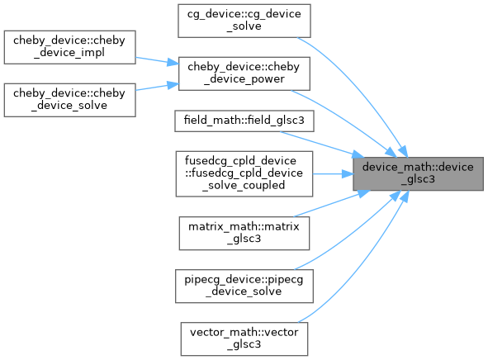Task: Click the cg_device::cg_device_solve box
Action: pyautogui.click(x=244, y=21)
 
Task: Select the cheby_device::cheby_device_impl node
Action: pyautogui.click(x=69, y=47)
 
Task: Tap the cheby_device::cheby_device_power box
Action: pyautogui.click(x=244, y=73)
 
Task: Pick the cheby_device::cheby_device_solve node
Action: pyautogui.click(x=69, y=100)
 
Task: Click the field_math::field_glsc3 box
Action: pyautogui.click(x=244, y=121)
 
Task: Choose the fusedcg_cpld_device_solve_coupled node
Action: pyautogui.click(x=244, y=174)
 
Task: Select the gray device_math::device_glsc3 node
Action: pyautogui.click(x=418, y=173)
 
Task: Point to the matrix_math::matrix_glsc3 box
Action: pyautogui.click(x=244, y=234)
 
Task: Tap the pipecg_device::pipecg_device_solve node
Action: pyautogui.click(x=244, y=286)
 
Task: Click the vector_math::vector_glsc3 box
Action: pyautogui.click(x=244, y=339)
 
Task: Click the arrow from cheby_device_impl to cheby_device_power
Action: pyautogui.click(x=157, y=60)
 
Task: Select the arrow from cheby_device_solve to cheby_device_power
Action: pyautogui.click(x=157, y=87)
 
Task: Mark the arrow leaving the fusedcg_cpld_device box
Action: pyautogui.click(x=333, y=174)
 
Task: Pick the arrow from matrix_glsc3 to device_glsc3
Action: pyautogui.click(x=331, y=203)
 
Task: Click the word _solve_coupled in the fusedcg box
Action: pyautogui.click(x=244, y=186)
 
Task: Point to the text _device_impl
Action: pyautogui.click(x=69, y=53)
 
